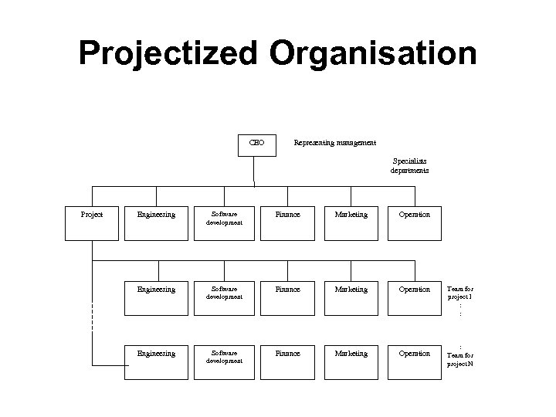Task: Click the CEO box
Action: tap(257, 144)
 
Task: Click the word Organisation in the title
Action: tap(374, 53)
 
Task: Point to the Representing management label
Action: tap(335, 142)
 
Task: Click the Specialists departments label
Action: tap(409, 166)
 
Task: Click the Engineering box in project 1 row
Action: tap(156, 297)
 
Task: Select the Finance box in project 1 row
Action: tap(289, 297)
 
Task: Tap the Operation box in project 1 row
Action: tap(414, 297)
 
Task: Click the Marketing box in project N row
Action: tap(351, 361)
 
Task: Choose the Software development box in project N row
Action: tap(224, 361)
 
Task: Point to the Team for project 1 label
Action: tap(460, 293)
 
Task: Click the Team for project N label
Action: tap(460, 358)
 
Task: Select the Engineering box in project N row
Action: tap(156, 361)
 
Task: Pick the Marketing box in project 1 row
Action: tap(351, 297)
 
